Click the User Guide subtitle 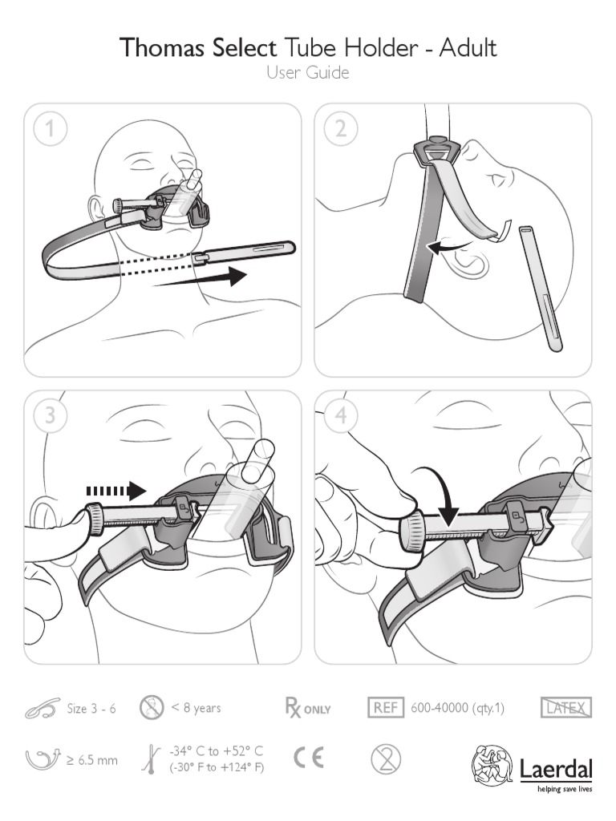307,74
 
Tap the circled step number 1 51,129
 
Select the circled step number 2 341,129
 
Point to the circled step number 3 51,416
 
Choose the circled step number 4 341,416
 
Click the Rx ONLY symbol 307,708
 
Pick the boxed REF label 386,708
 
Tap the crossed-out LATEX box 566,708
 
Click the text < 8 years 196,708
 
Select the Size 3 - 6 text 91,709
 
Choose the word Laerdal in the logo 556,770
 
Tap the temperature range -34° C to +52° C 216,751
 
